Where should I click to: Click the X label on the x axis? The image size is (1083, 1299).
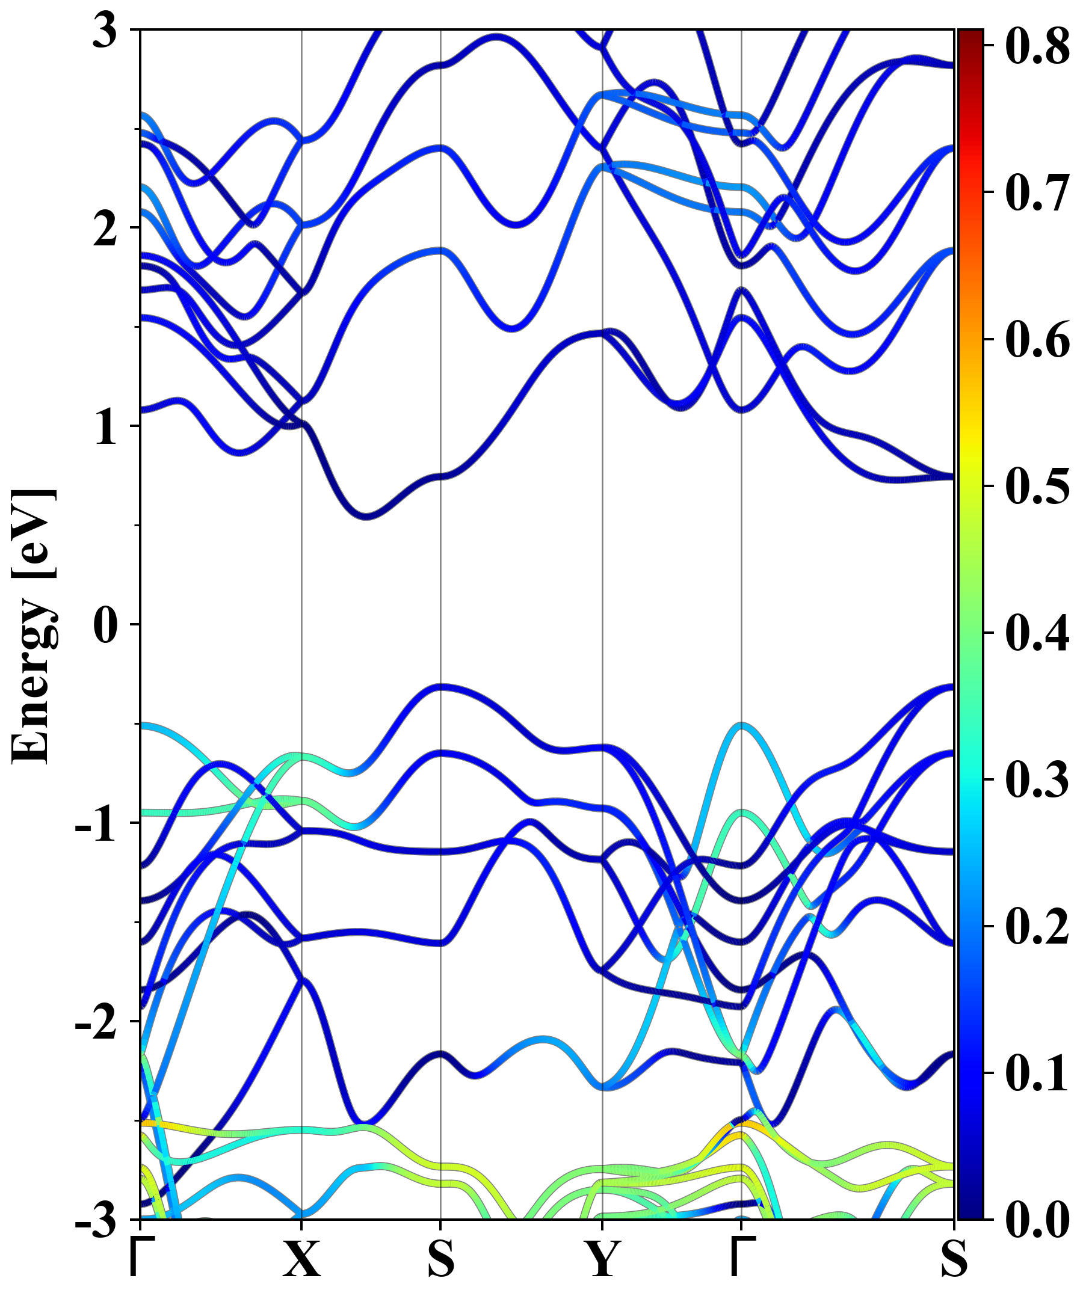pyautogui.click(x=302, y=1259)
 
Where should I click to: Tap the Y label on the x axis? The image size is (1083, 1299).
pyautogui.click(x=602, y=1259)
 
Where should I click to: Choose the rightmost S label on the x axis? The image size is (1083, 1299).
pyautogui.click(x=954, y=1259)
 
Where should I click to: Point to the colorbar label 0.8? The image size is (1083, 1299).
pyautogui.click(x=1037, y=46)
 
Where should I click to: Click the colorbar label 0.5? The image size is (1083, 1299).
pyautogui.click(x=1037, y=486)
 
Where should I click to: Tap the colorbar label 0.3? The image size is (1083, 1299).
pyautogui.click(x=1037, y=779)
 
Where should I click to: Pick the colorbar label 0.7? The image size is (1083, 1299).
pyautogui.click(x=1037, y=192)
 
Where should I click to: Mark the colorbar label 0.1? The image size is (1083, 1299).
pyautogui.click(x=1037, y=1073)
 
